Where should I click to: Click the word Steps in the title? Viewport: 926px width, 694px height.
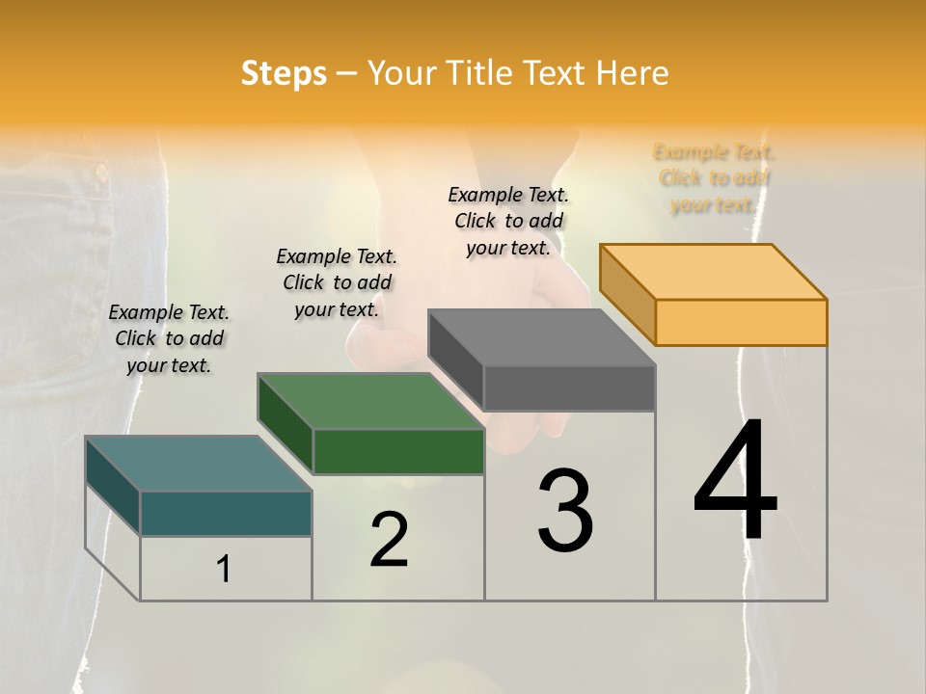click(284, 73)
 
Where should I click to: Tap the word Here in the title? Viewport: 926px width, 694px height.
click(632, 73)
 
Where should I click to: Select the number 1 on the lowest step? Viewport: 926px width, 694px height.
click(224, 570)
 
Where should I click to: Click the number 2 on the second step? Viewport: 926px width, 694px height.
click(389, 540)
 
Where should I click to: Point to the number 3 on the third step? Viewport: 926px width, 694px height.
click(565, 511)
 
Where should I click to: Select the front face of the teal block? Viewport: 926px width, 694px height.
click(226, 513)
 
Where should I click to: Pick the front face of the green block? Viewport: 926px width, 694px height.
click(398, 451)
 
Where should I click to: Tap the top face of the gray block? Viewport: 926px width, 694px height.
click(541, 337)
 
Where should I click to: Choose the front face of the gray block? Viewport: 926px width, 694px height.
click(569, 388)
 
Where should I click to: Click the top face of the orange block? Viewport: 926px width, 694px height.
click(714, 272)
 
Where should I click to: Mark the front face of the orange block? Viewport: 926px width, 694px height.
click(741, 322)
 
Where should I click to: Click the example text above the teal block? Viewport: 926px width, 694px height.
click(169, 339)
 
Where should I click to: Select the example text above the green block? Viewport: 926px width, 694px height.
click(337, 282)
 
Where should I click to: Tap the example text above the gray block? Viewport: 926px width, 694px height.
click(508, 221)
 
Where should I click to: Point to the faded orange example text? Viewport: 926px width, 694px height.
click(714, 178)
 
